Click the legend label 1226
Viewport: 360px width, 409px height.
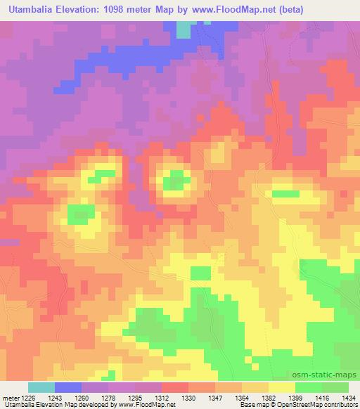coord(29,398)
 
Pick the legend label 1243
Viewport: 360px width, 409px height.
coord(63,398)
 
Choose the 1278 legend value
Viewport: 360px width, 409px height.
coord(117,398)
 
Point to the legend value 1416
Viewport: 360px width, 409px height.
coord(323,398)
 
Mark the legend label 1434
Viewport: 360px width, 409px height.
coord(347,398)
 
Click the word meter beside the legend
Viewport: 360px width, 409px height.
coord(10,398)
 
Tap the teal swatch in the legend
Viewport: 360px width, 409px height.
coord(41,387)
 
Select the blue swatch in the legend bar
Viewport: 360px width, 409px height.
coord(67,387)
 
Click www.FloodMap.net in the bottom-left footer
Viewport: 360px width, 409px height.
coord(150,405)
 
